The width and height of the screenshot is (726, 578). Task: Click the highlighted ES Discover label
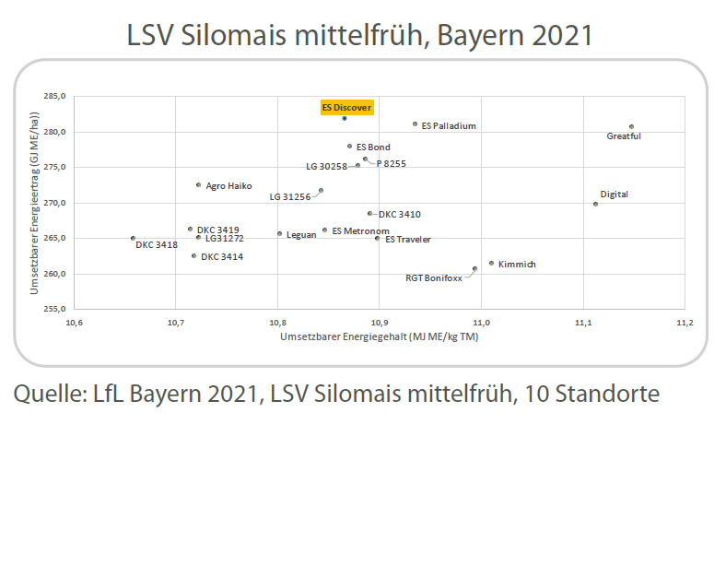click(346, 107)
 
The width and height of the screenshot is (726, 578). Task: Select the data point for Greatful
click(631, 126)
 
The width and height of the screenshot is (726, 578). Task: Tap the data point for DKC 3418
click(133, 238)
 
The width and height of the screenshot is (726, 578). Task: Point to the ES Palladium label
click(449, 125)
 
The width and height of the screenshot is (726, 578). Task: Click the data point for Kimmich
click(491, 263)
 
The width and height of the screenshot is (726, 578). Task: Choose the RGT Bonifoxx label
click(434, 277)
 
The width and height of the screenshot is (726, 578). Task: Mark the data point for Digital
click(595, 204)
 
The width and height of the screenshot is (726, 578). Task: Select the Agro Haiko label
click(228, 185)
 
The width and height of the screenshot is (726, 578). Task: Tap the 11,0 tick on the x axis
click(480, 324)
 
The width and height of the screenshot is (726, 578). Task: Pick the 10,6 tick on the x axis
click(74, 324)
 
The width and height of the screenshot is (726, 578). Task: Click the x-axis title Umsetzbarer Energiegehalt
click(379, 337)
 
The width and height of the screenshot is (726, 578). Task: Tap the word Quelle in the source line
click(46, 394)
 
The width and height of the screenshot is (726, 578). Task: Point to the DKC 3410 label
click(399, 214)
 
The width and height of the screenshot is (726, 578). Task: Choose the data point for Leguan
click(279, 233)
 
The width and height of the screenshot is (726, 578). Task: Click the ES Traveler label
click(407, 239)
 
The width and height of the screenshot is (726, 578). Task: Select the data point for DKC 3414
click(193, 255)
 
